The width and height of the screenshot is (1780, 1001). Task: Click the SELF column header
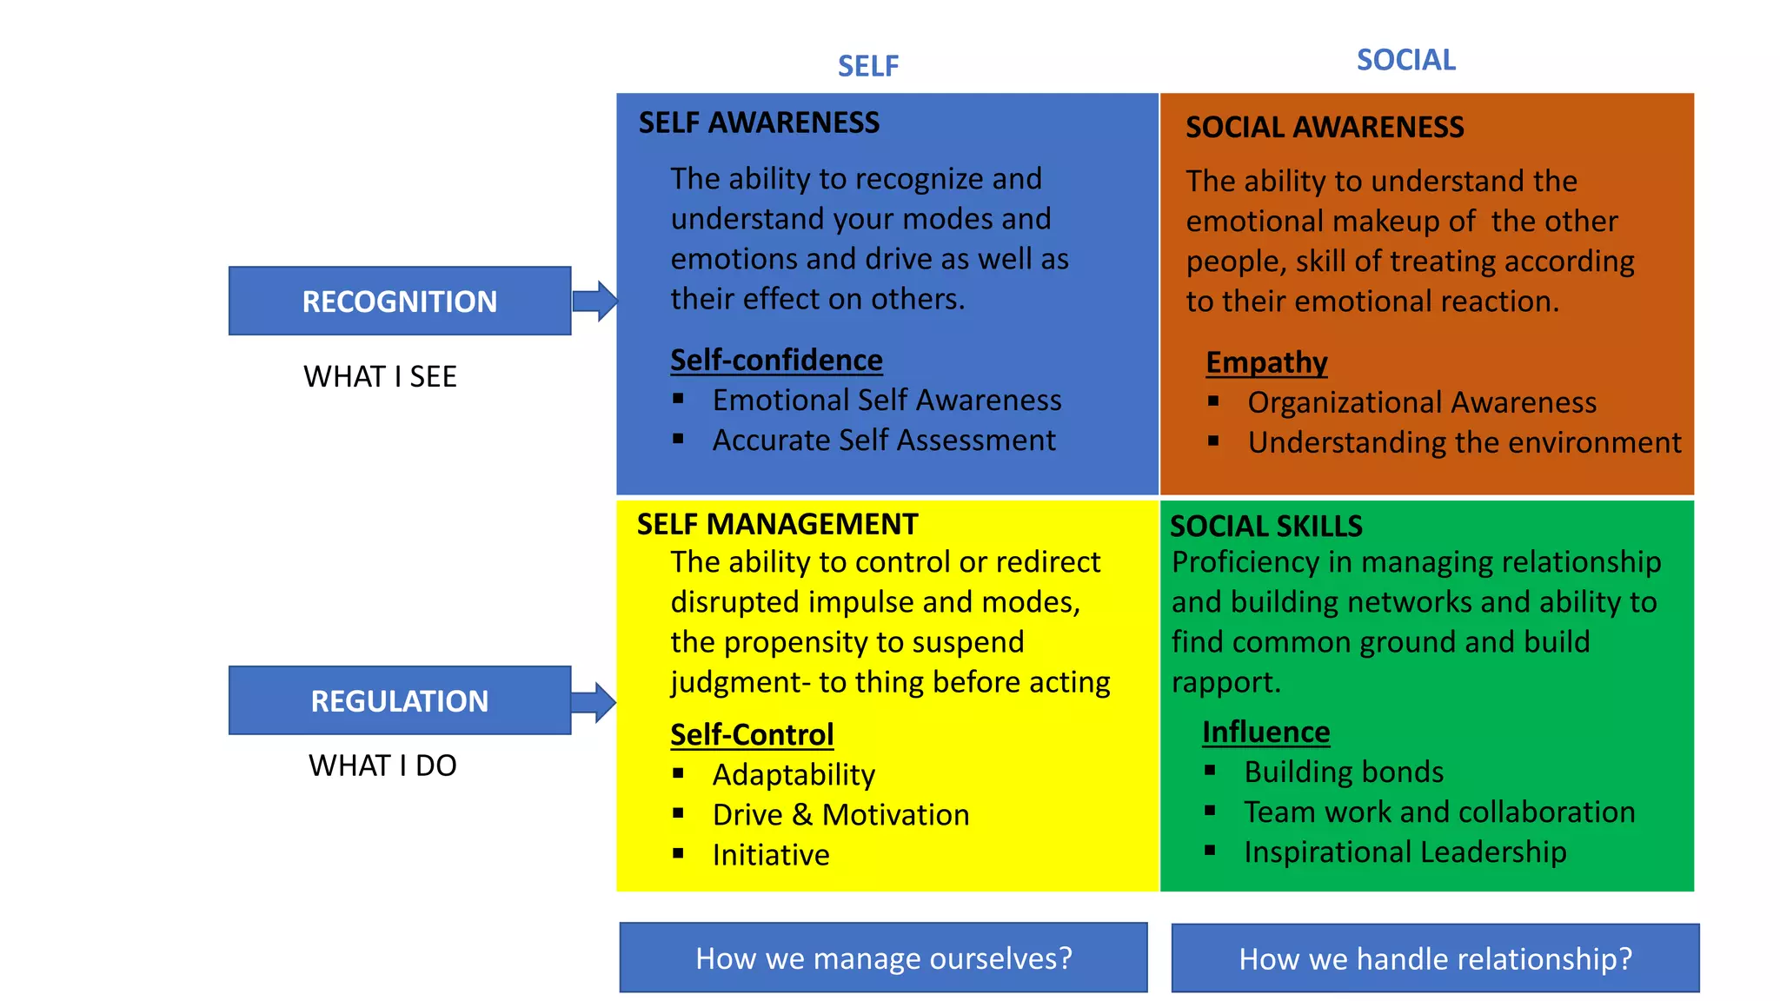pos(867,66)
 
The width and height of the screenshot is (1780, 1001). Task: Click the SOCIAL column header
pos(1405,60)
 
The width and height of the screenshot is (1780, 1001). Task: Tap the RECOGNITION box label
pos(399,302)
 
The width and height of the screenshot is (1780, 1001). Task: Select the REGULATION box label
pos(399,701)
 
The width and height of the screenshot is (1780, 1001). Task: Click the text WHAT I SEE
pos(380,377)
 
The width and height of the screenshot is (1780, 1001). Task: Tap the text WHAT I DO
pos(382,766)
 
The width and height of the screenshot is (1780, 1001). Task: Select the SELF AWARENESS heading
pos(759,123)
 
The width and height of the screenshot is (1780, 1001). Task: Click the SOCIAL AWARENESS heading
pos(1325,128)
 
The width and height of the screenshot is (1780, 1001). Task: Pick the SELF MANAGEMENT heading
pos(777,524)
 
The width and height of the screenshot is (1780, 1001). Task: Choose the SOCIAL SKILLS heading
pos(1265,526)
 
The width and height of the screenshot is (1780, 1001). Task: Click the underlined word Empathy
pos(1266,362)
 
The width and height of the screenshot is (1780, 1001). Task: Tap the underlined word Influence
pos(1265,732)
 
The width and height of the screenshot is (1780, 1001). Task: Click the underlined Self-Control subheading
pos(752,734)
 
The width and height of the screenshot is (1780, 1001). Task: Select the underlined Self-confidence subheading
pos(776,360)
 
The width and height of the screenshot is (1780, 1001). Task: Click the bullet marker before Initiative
pos(678,853)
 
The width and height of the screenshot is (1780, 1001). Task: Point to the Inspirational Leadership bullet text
pos(1405,852)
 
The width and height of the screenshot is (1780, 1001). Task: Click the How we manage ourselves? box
pos(883,958)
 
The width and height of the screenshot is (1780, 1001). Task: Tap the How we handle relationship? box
pos(1435,958)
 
